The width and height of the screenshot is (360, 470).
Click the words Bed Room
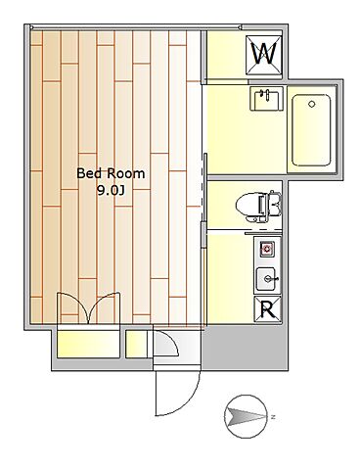tap(111, 173)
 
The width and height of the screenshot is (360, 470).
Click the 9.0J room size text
tap(111, 190)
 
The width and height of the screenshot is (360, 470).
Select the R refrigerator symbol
tap(265, 310)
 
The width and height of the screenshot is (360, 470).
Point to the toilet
tap(256, 204)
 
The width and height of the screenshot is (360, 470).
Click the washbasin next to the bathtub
tap(265, 101)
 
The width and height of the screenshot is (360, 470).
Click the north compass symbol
tap(245, 416)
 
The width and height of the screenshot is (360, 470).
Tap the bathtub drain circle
tap(311, 101)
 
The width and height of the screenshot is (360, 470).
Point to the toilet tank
tap(275, 204)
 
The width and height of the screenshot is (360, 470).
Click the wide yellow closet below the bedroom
tap(84, 345)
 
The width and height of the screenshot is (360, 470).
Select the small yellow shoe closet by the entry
tap(137, 345)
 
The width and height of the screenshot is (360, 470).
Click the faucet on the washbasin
tap(264, 94)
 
